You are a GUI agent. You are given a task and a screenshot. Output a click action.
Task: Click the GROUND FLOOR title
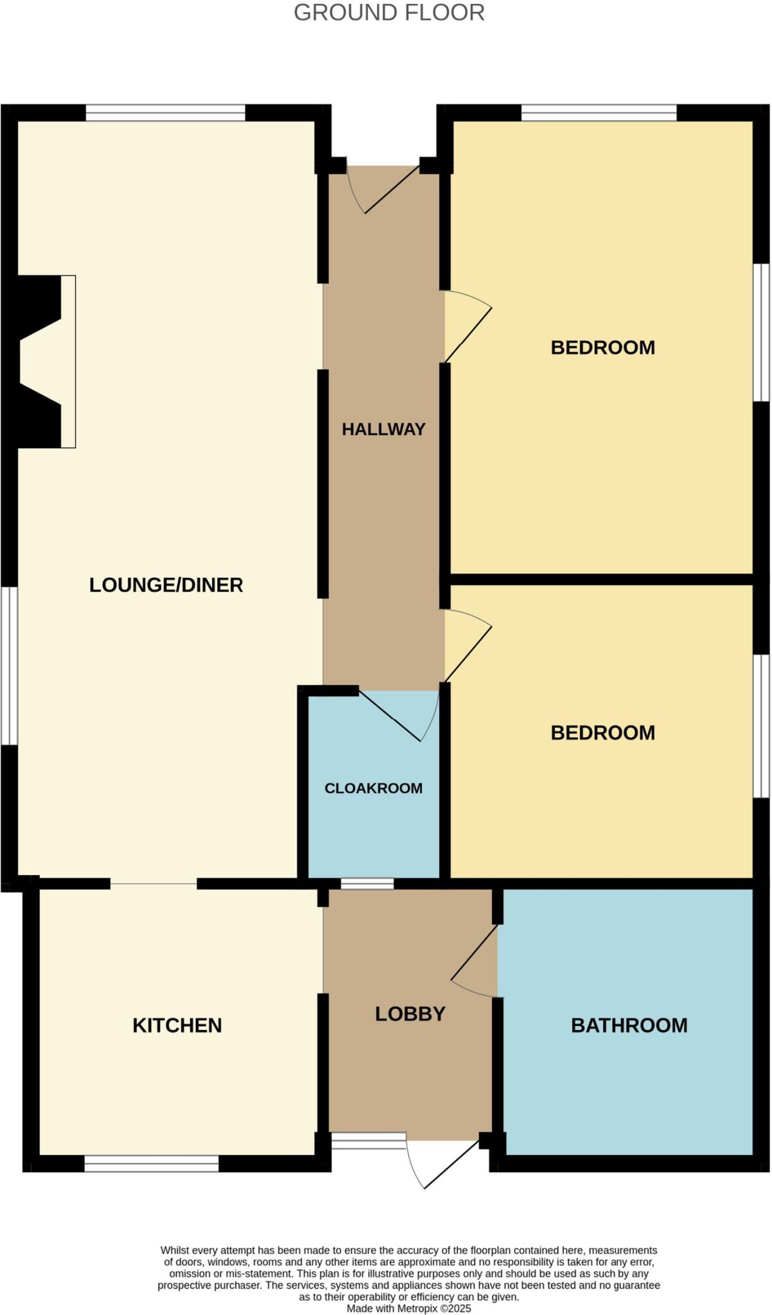[389, 13]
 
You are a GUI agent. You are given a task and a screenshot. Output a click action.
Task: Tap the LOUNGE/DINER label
[166, 585]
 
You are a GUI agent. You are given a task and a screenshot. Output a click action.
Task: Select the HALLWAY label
[383, 429]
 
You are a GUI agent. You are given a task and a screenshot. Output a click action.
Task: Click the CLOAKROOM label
[373, 788]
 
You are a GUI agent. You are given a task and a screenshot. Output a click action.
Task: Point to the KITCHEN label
[177, 1025]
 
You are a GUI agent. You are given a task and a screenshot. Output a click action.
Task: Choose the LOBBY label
[410, 1014]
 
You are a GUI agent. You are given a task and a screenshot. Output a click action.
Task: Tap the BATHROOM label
[629, 1025]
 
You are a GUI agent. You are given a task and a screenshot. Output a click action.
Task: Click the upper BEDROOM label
[602, 347]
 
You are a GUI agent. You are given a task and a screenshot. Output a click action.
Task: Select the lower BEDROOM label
[602, 733]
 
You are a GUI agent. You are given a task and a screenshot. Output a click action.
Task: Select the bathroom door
[475, 961]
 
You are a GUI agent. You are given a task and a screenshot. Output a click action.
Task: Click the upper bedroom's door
[468, 326]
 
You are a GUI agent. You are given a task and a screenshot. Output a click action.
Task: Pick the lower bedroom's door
[468, 645]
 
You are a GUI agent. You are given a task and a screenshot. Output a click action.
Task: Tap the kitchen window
[152, 1163]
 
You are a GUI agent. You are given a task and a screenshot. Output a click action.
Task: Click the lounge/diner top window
[166, 113]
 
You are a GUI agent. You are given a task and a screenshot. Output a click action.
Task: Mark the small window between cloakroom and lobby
[367, 884]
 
